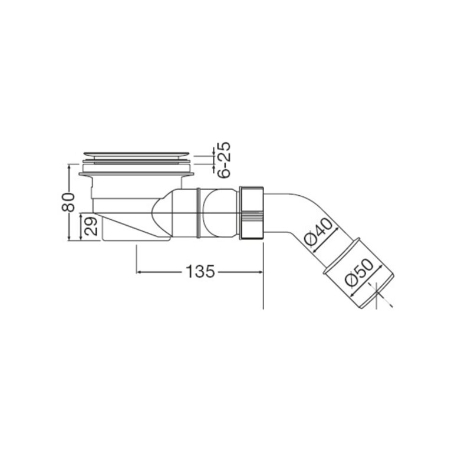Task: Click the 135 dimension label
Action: coord(200,271)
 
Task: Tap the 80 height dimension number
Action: coord(68,202)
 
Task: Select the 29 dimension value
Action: coord(92,226)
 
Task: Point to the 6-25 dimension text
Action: coord(224,160)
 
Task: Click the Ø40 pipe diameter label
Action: coord(318,231)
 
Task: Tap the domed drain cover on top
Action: coord(136,155)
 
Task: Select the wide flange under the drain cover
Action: coord(136,174)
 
